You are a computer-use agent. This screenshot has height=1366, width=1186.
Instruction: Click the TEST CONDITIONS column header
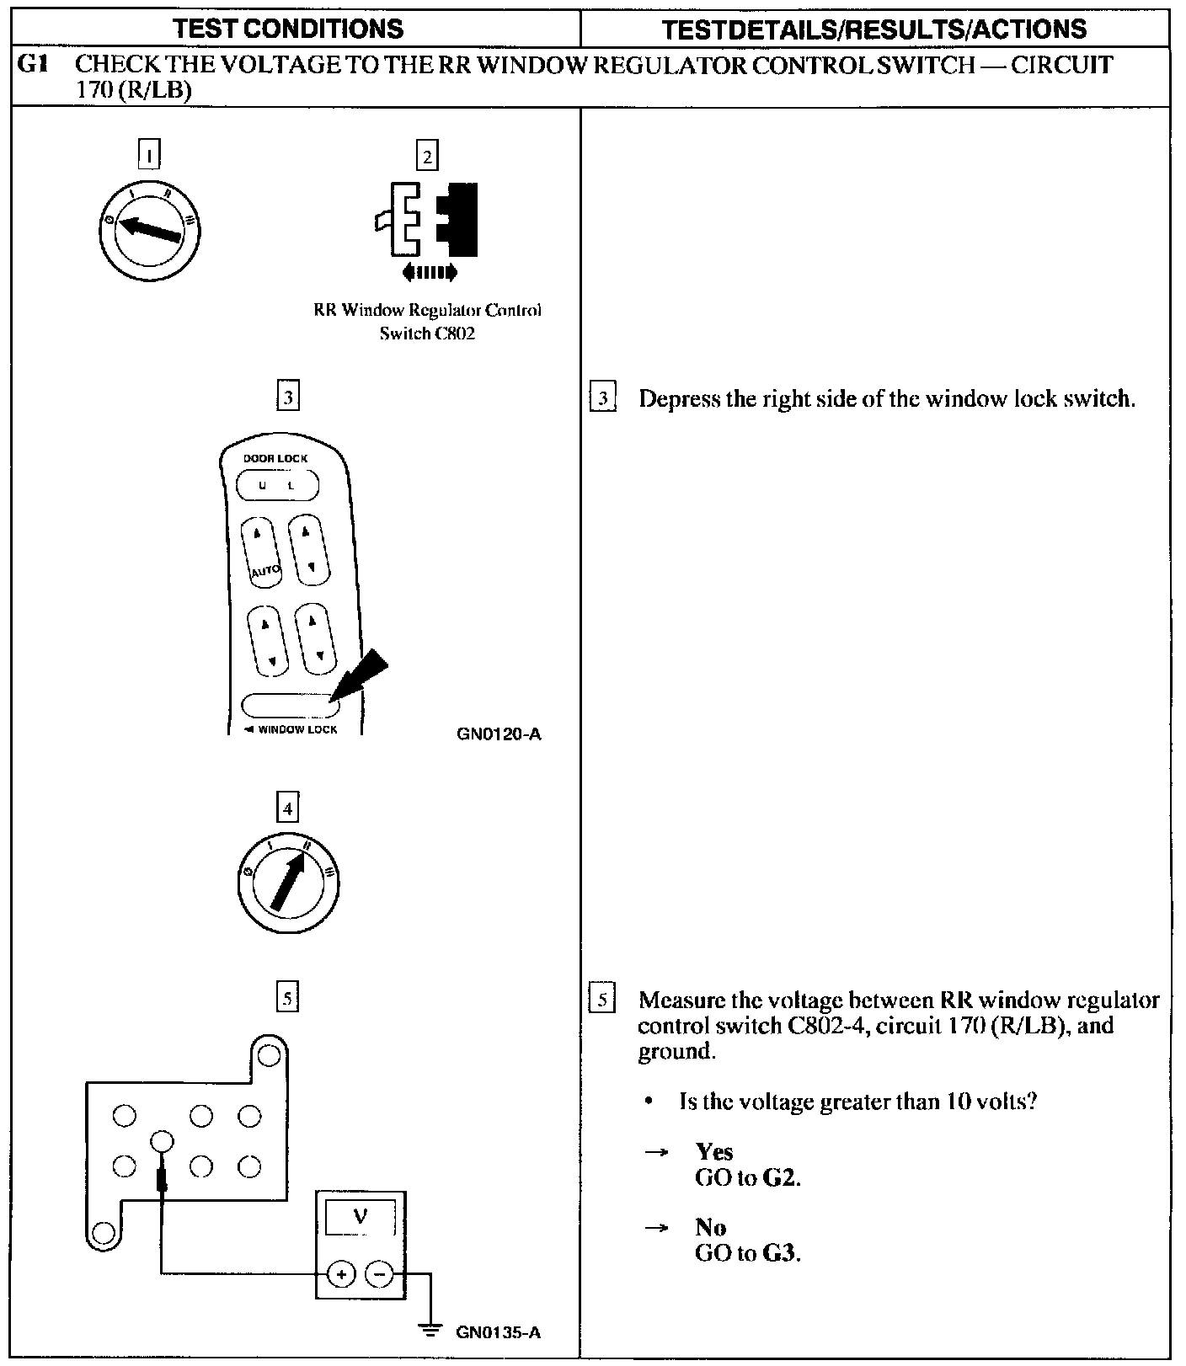(x=288, y=29)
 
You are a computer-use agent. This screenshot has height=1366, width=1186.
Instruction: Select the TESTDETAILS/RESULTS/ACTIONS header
(x=873, y=29)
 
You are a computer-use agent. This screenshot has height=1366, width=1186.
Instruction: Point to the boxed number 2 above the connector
(x=427, y=156)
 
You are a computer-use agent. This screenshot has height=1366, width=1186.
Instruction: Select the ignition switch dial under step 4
(x=288, y=884)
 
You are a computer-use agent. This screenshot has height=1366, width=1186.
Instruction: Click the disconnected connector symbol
(x=427, y=221)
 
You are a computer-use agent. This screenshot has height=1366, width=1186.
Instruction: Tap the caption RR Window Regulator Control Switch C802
(x=427, y=321)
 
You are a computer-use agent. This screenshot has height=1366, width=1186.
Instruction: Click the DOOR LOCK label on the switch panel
(x=275, y=458)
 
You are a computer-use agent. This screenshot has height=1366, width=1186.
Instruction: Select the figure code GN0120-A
(x=499, y=734)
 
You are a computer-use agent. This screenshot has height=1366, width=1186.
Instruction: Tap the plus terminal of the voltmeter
(x=341, y=1274)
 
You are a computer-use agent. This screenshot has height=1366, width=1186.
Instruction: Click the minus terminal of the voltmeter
(x=380, y=1274)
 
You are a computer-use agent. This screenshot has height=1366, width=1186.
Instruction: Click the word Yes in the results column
(x=713, y=1151)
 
